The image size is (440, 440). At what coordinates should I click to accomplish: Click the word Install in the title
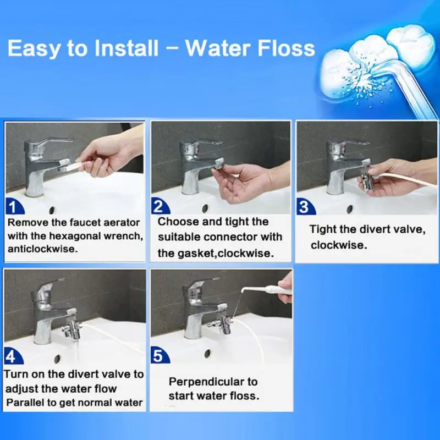coord(127,48)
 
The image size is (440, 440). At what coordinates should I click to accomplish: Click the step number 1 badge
coord(14,207)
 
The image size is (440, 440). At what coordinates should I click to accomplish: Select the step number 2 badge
coord(160,206)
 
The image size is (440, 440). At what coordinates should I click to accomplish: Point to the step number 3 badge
coord(305,207)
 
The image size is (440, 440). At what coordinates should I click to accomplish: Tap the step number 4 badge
coord(13,356)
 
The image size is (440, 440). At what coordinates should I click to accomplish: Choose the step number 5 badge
coord(159,356)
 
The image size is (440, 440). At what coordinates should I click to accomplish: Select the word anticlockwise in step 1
coord(42,249)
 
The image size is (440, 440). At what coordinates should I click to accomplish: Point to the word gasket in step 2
coord(196,254)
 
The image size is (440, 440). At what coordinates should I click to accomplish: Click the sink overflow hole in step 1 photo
coord(52,210)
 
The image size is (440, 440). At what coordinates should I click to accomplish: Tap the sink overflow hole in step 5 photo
coord(207,353)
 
